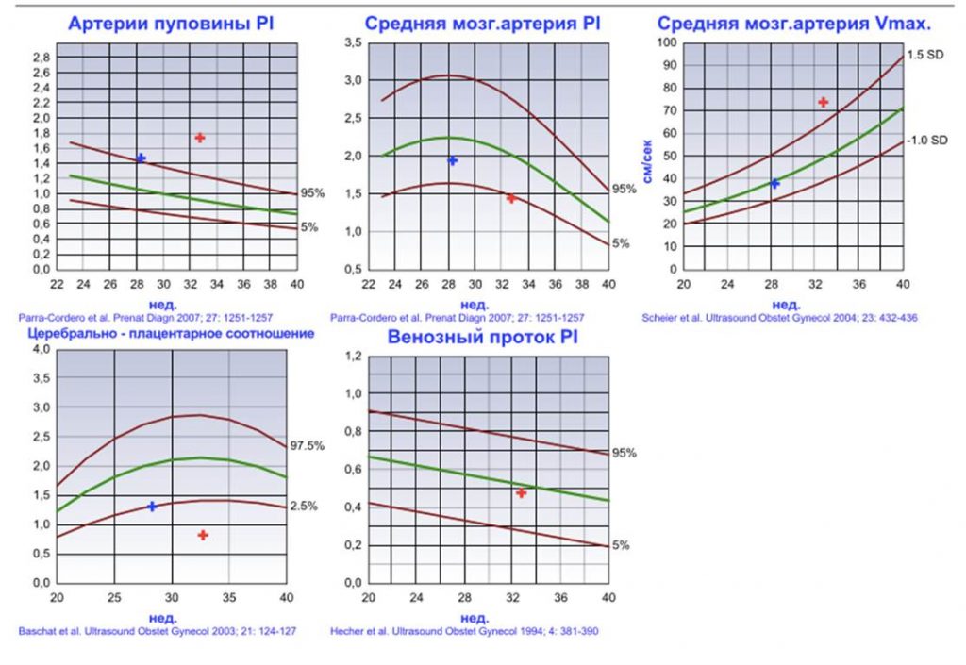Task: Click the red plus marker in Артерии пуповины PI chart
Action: [x=200, y=138]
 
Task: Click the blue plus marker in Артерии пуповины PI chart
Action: [x=141, y=158]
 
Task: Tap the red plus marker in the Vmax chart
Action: [x=823, y=102]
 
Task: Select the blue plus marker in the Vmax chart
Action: [x=774, y=183]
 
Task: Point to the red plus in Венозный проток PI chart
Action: [x=521, y=492]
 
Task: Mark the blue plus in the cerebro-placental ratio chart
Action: [x=152, y=507]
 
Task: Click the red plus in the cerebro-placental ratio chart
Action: [x=203, y=535]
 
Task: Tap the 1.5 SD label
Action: [x=925, y=55]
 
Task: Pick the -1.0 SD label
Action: [x=926, y=140]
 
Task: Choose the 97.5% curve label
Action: [x=308, y=444]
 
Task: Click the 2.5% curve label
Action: [x=304, y=506]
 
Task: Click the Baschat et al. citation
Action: [x=157, y=630]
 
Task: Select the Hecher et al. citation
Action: [x=464, y=630]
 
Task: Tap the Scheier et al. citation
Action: [x=778, y=318]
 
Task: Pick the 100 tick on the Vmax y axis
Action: [x=666, y=42]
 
